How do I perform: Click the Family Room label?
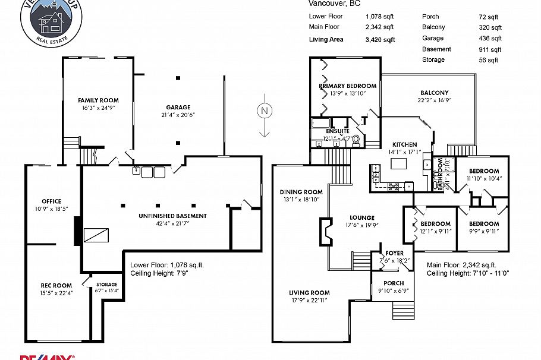pos(98,100)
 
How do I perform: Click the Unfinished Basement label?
pos(172,216)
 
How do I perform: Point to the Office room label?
pos(51,201)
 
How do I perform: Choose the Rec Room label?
pos(56,285)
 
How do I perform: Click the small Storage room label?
pos(106,285)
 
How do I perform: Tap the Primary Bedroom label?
pos(348,86)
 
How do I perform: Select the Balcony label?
pos(434,93)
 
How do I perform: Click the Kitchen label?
pos(404,144)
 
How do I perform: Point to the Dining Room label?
pos(301,192)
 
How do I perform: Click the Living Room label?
pos(309,293)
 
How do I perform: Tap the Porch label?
pos(394,283)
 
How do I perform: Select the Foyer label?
pos(395,253)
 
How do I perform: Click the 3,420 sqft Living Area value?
pos(380,40)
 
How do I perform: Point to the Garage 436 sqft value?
pos(490,38)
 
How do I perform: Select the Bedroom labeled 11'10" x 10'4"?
pos(484,172)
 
